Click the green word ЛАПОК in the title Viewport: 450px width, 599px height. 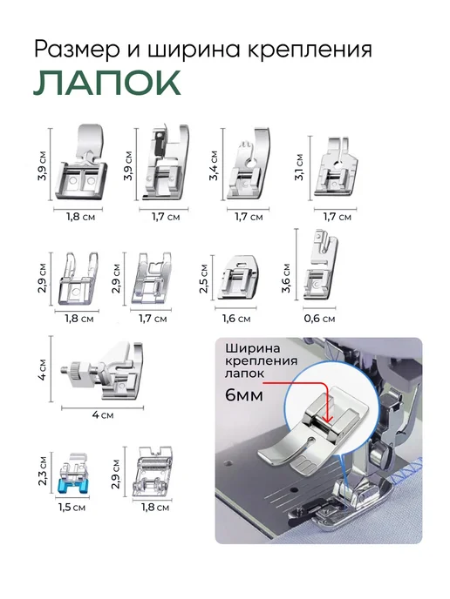106,83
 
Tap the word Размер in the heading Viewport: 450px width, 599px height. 77,50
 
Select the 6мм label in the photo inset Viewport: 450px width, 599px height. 244,395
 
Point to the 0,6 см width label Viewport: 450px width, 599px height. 319,319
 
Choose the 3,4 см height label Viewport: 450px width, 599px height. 214,165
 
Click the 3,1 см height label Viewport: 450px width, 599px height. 299,167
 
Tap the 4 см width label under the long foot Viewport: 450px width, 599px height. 103,415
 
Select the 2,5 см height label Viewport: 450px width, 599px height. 203,279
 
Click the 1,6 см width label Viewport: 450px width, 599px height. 236,319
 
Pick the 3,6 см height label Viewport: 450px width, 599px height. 286,279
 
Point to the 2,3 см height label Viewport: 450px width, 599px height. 43,470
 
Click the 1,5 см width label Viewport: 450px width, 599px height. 72,508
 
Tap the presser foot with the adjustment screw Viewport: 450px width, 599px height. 103,371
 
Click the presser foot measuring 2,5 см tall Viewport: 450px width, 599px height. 237,278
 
